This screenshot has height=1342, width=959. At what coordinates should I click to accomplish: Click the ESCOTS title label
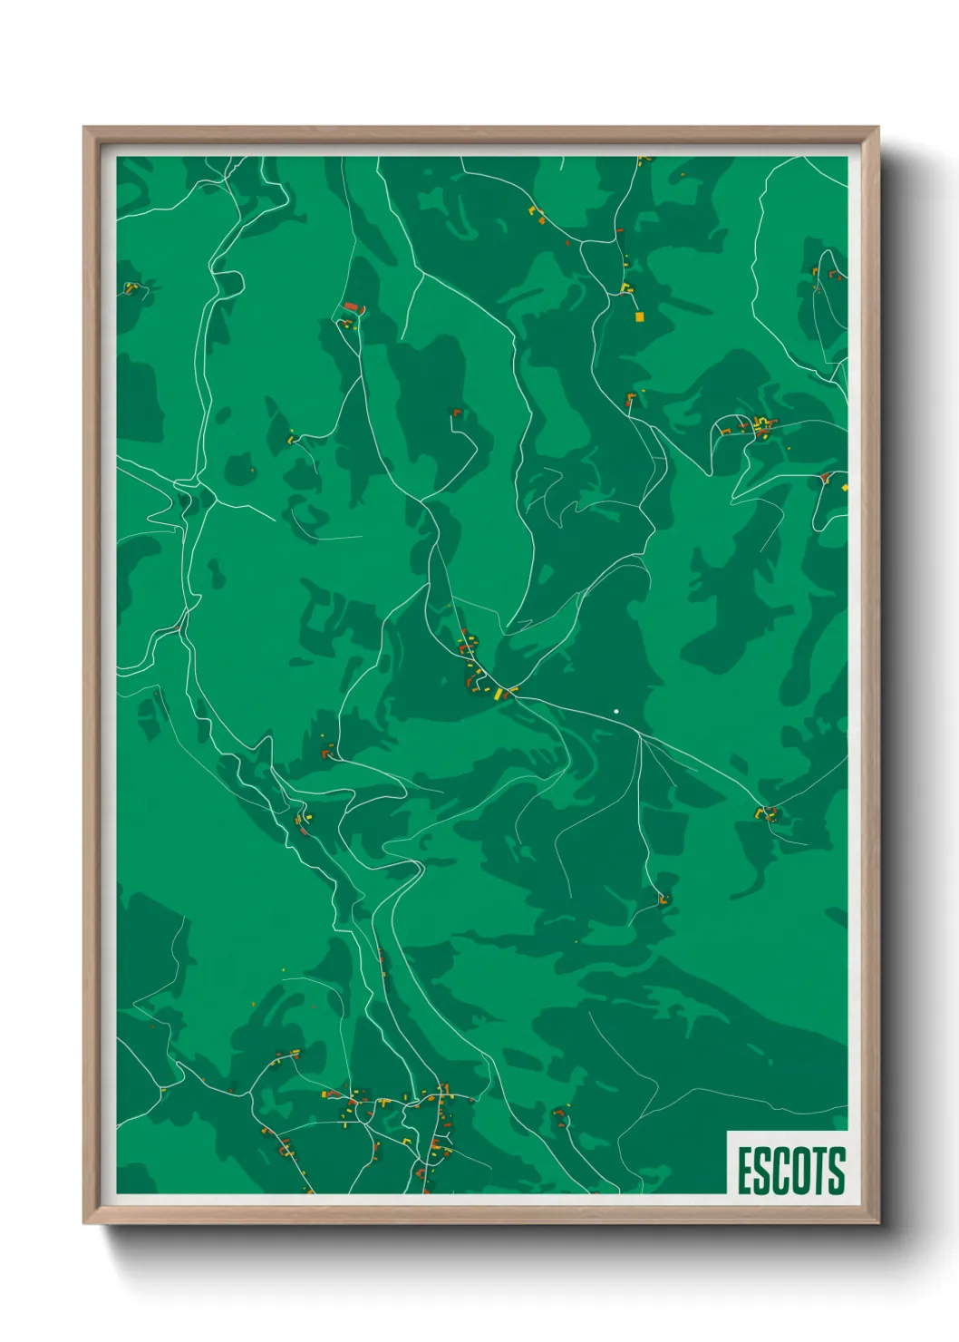click(789, 1171)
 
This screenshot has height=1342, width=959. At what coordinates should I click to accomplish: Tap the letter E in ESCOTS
click(745, 1171)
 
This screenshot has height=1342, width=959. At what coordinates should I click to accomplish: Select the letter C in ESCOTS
click(781, 1171)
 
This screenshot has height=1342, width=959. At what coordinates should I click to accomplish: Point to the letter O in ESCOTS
click(801, 1171)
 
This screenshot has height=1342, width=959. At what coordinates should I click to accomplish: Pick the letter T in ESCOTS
click(820, 1171)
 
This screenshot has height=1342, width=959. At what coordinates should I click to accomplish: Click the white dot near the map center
click(616, 712)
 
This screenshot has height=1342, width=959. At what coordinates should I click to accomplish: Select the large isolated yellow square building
click(639, 316)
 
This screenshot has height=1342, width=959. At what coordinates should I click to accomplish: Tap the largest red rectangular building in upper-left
click(352, 308)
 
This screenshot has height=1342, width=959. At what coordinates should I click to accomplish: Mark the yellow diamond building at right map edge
click(845, 488)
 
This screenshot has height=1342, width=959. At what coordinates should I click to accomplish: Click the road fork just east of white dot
click(640, 736)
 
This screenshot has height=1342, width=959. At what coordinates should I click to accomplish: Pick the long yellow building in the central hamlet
click(498, 694)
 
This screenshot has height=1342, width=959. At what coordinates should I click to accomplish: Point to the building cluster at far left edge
click(131, 288)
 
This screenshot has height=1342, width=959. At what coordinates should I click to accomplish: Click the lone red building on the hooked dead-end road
click(457, 413)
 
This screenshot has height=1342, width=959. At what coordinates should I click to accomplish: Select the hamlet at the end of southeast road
click(768, 813)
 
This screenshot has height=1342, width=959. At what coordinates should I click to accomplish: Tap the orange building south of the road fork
click(664, 900)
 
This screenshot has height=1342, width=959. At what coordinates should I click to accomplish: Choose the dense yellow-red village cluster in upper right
click(760, 425)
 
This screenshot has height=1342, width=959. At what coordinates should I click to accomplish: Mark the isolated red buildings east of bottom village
click(559, 1115)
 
